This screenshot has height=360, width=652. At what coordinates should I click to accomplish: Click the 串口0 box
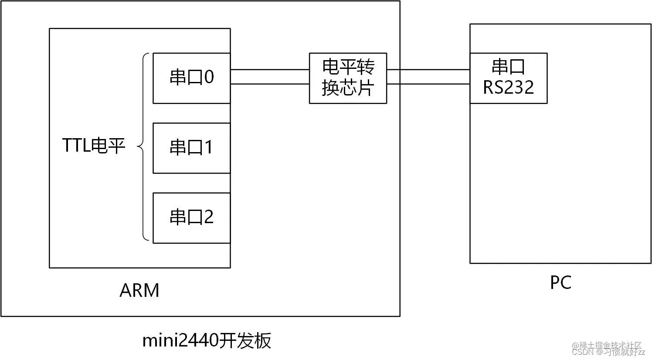tap(191, 78)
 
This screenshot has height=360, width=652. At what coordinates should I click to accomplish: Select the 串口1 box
tap(191, 148)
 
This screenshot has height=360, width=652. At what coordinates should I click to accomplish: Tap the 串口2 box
tap(191, 217)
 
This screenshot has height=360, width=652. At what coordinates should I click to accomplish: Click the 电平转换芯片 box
tap(348, 78)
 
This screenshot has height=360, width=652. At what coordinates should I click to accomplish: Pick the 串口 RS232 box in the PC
tap(508, 78)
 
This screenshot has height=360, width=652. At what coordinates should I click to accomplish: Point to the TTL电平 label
tap(94, 146)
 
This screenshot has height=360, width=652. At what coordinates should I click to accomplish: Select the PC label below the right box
tap(560, 283)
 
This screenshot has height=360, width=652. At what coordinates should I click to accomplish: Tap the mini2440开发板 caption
tap(207, 340)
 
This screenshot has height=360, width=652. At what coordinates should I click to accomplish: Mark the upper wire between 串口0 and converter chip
tap(269, 69)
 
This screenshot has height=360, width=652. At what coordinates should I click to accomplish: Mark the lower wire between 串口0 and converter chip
tap(269, 84)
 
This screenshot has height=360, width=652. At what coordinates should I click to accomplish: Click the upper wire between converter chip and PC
tap(428, 69)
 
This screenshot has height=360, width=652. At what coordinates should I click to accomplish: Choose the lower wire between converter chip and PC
tap(428, 84)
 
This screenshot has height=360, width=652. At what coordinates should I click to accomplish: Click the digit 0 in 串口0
tap(209, 78)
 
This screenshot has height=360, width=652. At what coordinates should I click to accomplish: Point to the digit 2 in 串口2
tap(209, 217)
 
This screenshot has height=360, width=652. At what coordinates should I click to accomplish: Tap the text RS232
tap(508, 88)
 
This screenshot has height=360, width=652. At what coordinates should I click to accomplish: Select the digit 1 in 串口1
tap(208, 147)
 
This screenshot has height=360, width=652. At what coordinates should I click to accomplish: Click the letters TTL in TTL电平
tap(76, 146)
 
